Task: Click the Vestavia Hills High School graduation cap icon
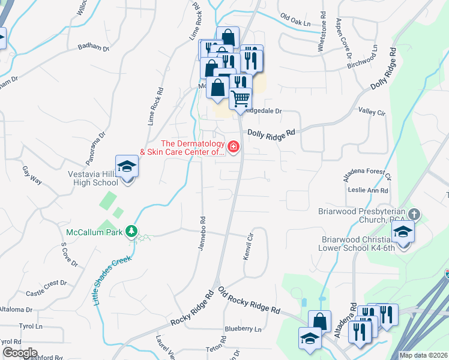point(127,166)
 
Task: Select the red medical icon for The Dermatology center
point(233,146)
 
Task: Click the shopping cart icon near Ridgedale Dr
point(240,98)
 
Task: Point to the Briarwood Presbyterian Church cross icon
point(415,214)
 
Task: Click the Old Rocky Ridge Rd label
point(249,301)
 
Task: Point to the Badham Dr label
point(94,47)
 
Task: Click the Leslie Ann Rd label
point(368,191)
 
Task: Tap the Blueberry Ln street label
point(244,329)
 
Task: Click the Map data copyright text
point(423,355)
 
